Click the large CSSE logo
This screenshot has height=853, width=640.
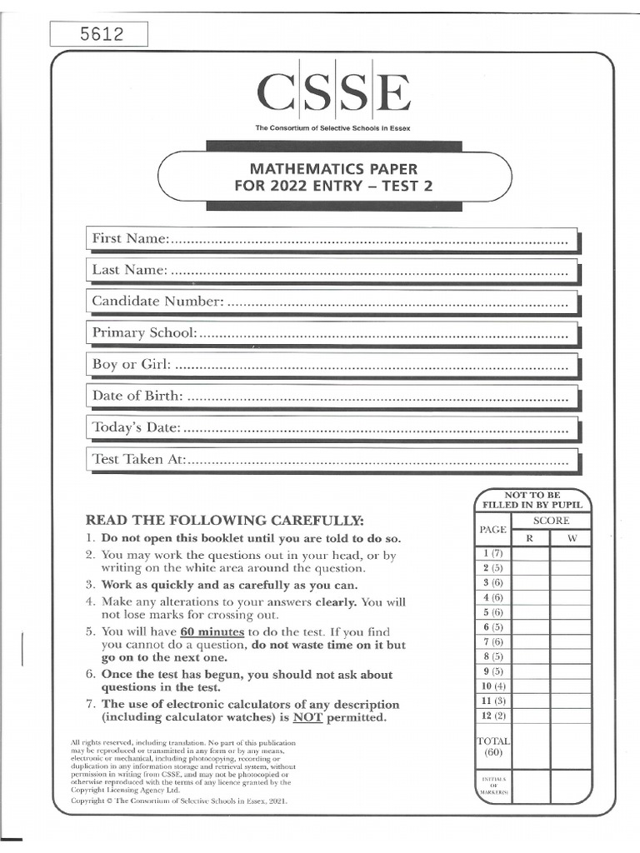point(333,93)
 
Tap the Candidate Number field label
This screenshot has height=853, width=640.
point(157,301)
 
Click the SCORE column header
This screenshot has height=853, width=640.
point(551,521)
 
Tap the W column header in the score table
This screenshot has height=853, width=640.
point(572,538)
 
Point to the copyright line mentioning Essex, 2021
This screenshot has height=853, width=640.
point(178,800)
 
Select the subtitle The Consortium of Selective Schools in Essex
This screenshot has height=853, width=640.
point(332,127)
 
